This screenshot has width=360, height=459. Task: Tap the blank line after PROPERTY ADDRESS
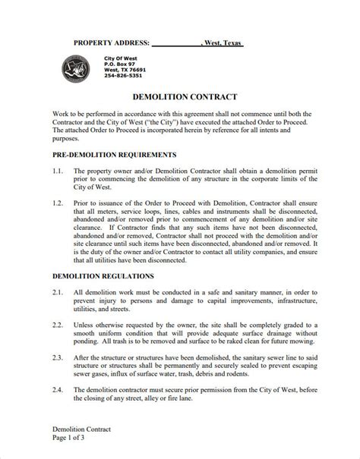(x=177, y=44)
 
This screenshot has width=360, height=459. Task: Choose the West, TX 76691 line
(x=125, y=70)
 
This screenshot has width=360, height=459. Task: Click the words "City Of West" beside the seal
(x=120, y=58)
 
